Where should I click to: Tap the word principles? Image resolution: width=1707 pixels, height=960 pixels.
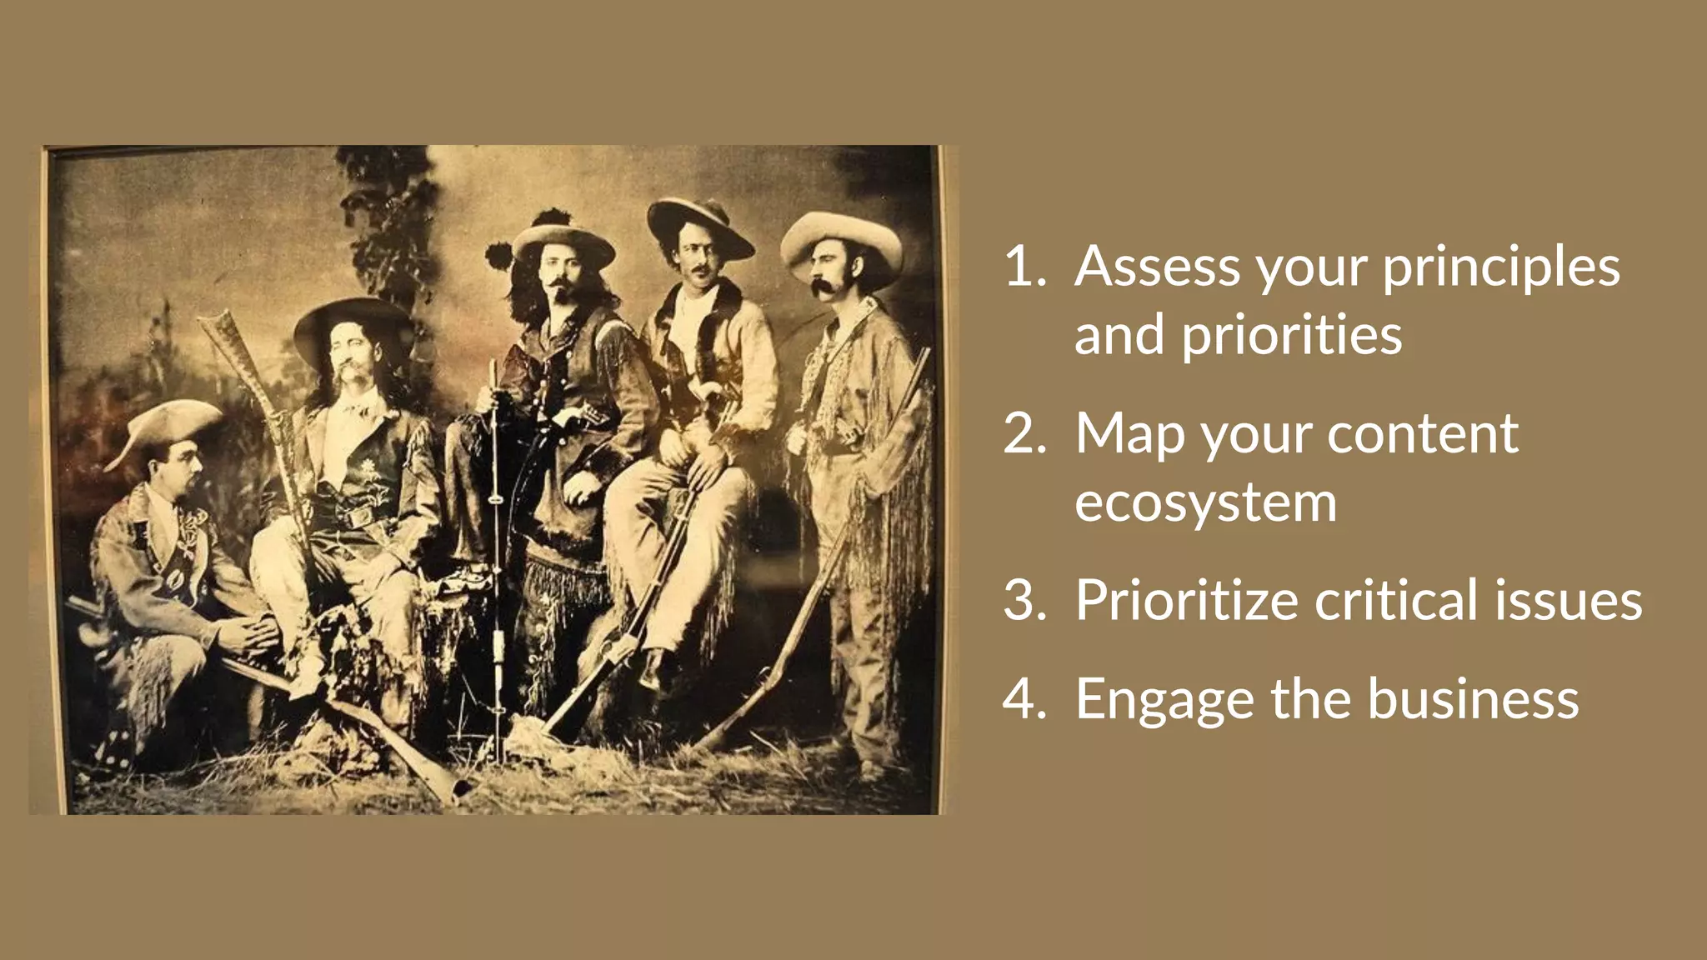click(x=1501, y=268)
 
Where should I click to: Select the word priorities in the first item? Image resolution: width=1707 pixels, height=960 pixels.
click(x=1292, y=335)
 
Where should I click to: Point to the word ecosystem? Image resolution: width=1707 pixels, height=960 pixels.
click(x=1205, y=502)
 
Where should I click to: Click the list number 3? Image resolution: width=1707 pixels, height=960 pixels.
click(x=1024, y=600)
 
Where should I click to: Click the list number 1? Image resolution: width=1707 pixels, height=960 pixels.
click(x=1024, y=267)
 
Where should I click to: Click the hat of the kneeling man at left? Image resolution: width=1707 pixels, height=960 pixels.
click(x=167, y=425)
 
